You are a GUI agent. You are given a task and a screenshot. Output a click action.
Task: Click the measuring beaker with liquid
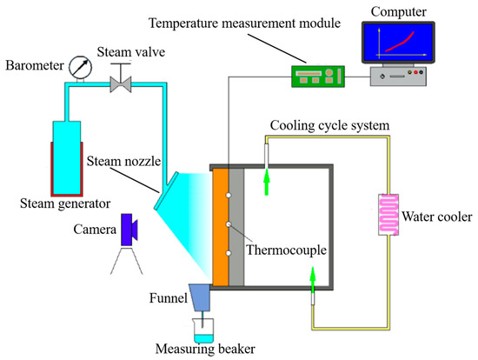click(205, 330)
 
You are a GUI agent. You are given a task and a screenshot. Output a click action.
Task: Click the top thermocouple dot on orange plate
click(227, 195)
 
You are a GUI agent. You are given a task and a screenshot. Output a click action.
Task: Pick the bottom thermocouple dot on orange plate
click(227, 254)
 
